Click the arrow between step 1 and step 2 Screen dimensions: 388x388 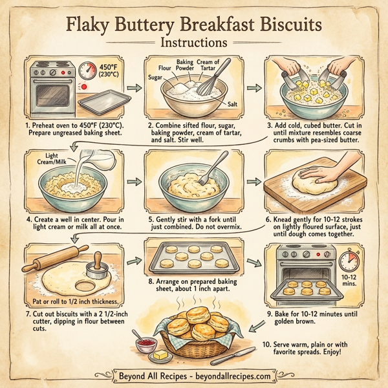coord(134,87)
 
